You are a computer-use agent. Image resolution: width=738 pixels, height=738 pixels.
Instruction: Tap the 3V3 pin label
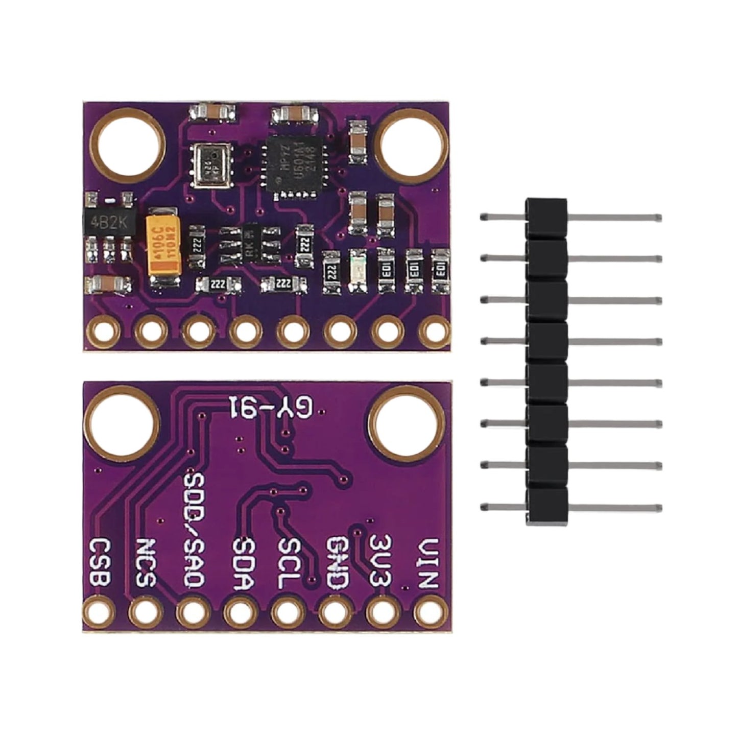coord(382,560)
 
